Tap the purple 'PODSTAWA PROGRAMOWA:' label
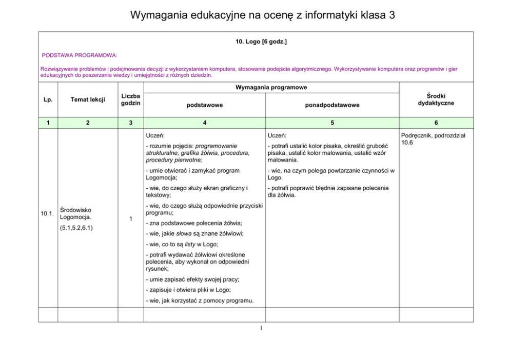point(80,54)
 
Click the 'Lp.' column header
point(48,99)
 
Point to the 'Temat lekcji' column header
point(88,99)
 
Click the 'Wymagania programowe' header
point(271,88)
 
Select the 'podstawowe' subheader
point(204,105)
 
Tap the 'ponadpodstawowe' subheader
point(332,105)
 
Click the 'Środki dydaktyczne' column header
point(436,99)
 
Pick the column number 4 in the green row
point(204,123)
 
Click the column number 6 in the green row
point(436,123)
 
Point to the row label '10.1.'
point(47,213)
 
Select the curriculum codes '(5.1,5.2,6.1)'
point(80,227)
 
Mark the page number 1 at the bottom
point(261,328)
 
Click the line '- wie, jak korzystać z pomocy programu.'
point(200,300)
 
